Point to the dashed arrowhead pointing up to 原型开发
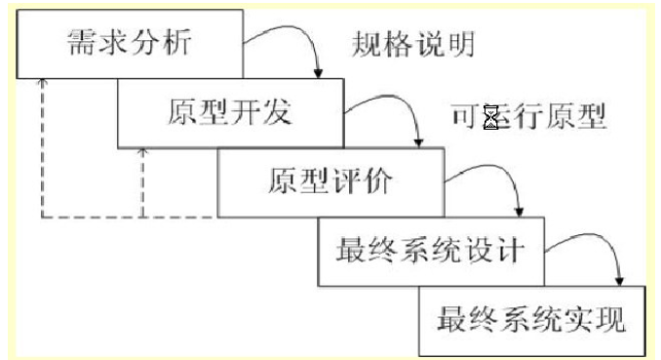pyautogui.click(x=142, y=153)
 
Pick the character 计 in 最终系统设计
pyautogui.click(x=509, y=251)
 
